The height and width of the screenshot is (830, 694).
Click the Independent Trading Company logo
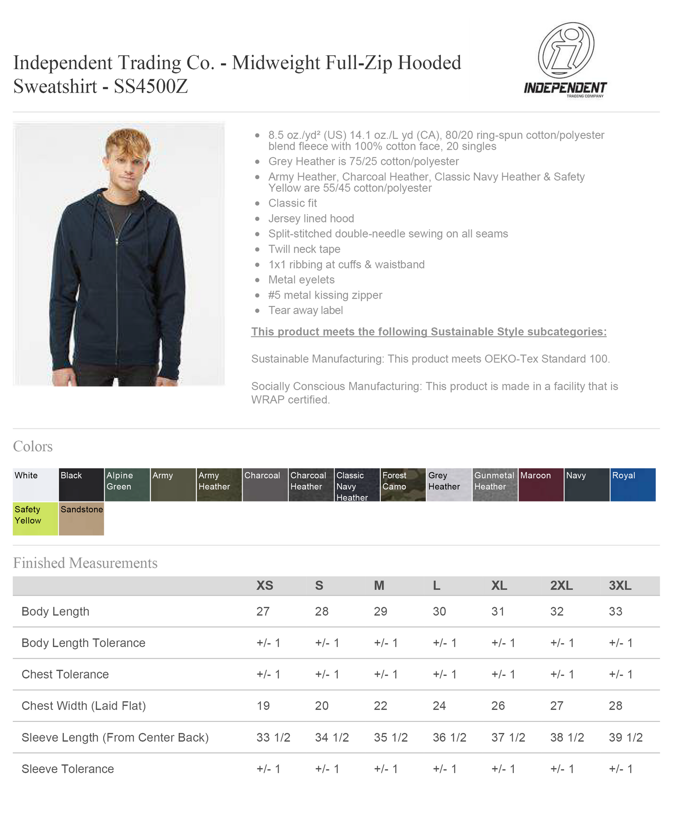565,60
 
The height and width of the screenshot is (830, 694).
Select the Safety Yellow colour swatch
36,519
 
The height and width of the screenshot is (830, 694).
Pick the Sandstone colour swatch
81,519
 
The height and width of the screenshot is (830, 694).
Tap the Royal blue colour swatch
633,485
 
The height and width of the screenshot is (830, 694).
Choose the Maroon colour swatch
541,485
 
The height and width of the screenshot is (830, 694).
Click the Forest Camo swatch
403,485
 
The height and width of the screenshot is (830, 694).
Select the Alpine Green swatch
127,485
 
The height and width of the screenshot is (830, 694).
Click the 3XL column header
620,586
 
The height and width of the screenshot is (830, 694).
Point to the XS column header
265,586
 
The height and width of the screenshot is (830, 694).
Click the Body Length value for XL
498,611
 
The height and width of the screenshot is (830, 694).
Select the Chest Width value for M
380,706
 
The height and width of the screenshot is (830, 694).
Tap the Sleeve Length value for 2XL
567,737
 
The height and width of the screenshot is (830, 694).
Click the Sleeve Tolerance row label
68,769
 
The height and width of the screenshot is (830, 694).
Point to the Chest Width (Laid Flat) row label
84,706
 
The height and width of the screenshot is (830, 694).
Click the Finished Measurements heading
85,563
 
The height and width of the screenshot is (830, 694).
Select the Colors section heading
33,447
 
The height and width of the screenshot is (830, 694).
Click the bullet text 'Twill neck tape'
304,249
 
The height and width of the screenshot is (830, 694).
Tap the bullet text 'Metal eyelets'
301,280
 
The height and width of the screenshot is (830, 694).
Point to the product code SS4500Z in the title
150,87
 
